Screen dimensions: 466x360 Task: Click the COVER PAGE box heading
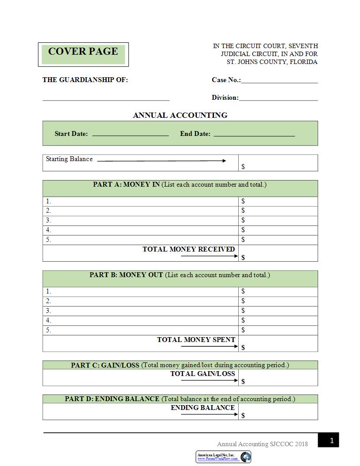tap(83, 52)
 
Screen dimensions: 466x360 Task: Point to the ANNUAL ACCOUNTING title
tap(180, 115)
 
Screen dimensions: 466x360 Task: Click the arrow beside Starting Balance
tap(161, 161)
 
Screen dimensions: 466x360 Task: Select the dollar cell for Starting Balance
tap(278, 163)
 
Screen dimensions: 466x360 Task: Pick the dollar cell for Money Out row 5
tap(278, 330)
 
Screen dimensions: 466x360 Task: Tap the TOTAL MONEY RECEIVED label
tap(188, 249)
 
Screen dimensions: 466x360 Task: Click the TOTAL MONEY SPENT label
tap(196, 340)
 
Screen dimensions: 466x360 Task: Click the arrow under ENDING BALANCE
tap(209, 414)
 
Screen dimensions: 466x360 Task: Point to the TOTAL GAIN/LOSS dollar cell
tap(278, 378)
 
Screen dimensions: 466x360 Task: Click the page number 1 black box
tap(332, 440)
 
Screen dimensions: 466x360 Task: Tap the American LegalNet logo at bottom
tap(224, 457)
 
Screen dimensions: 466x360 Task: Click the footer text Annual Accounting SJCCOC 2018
tap(262, 444)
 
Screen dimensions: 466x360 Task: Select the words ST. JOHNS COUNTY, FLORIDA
tap(272, 62)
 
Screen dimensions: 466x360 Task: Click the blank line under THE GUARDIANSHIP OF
tap(106, 99)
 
